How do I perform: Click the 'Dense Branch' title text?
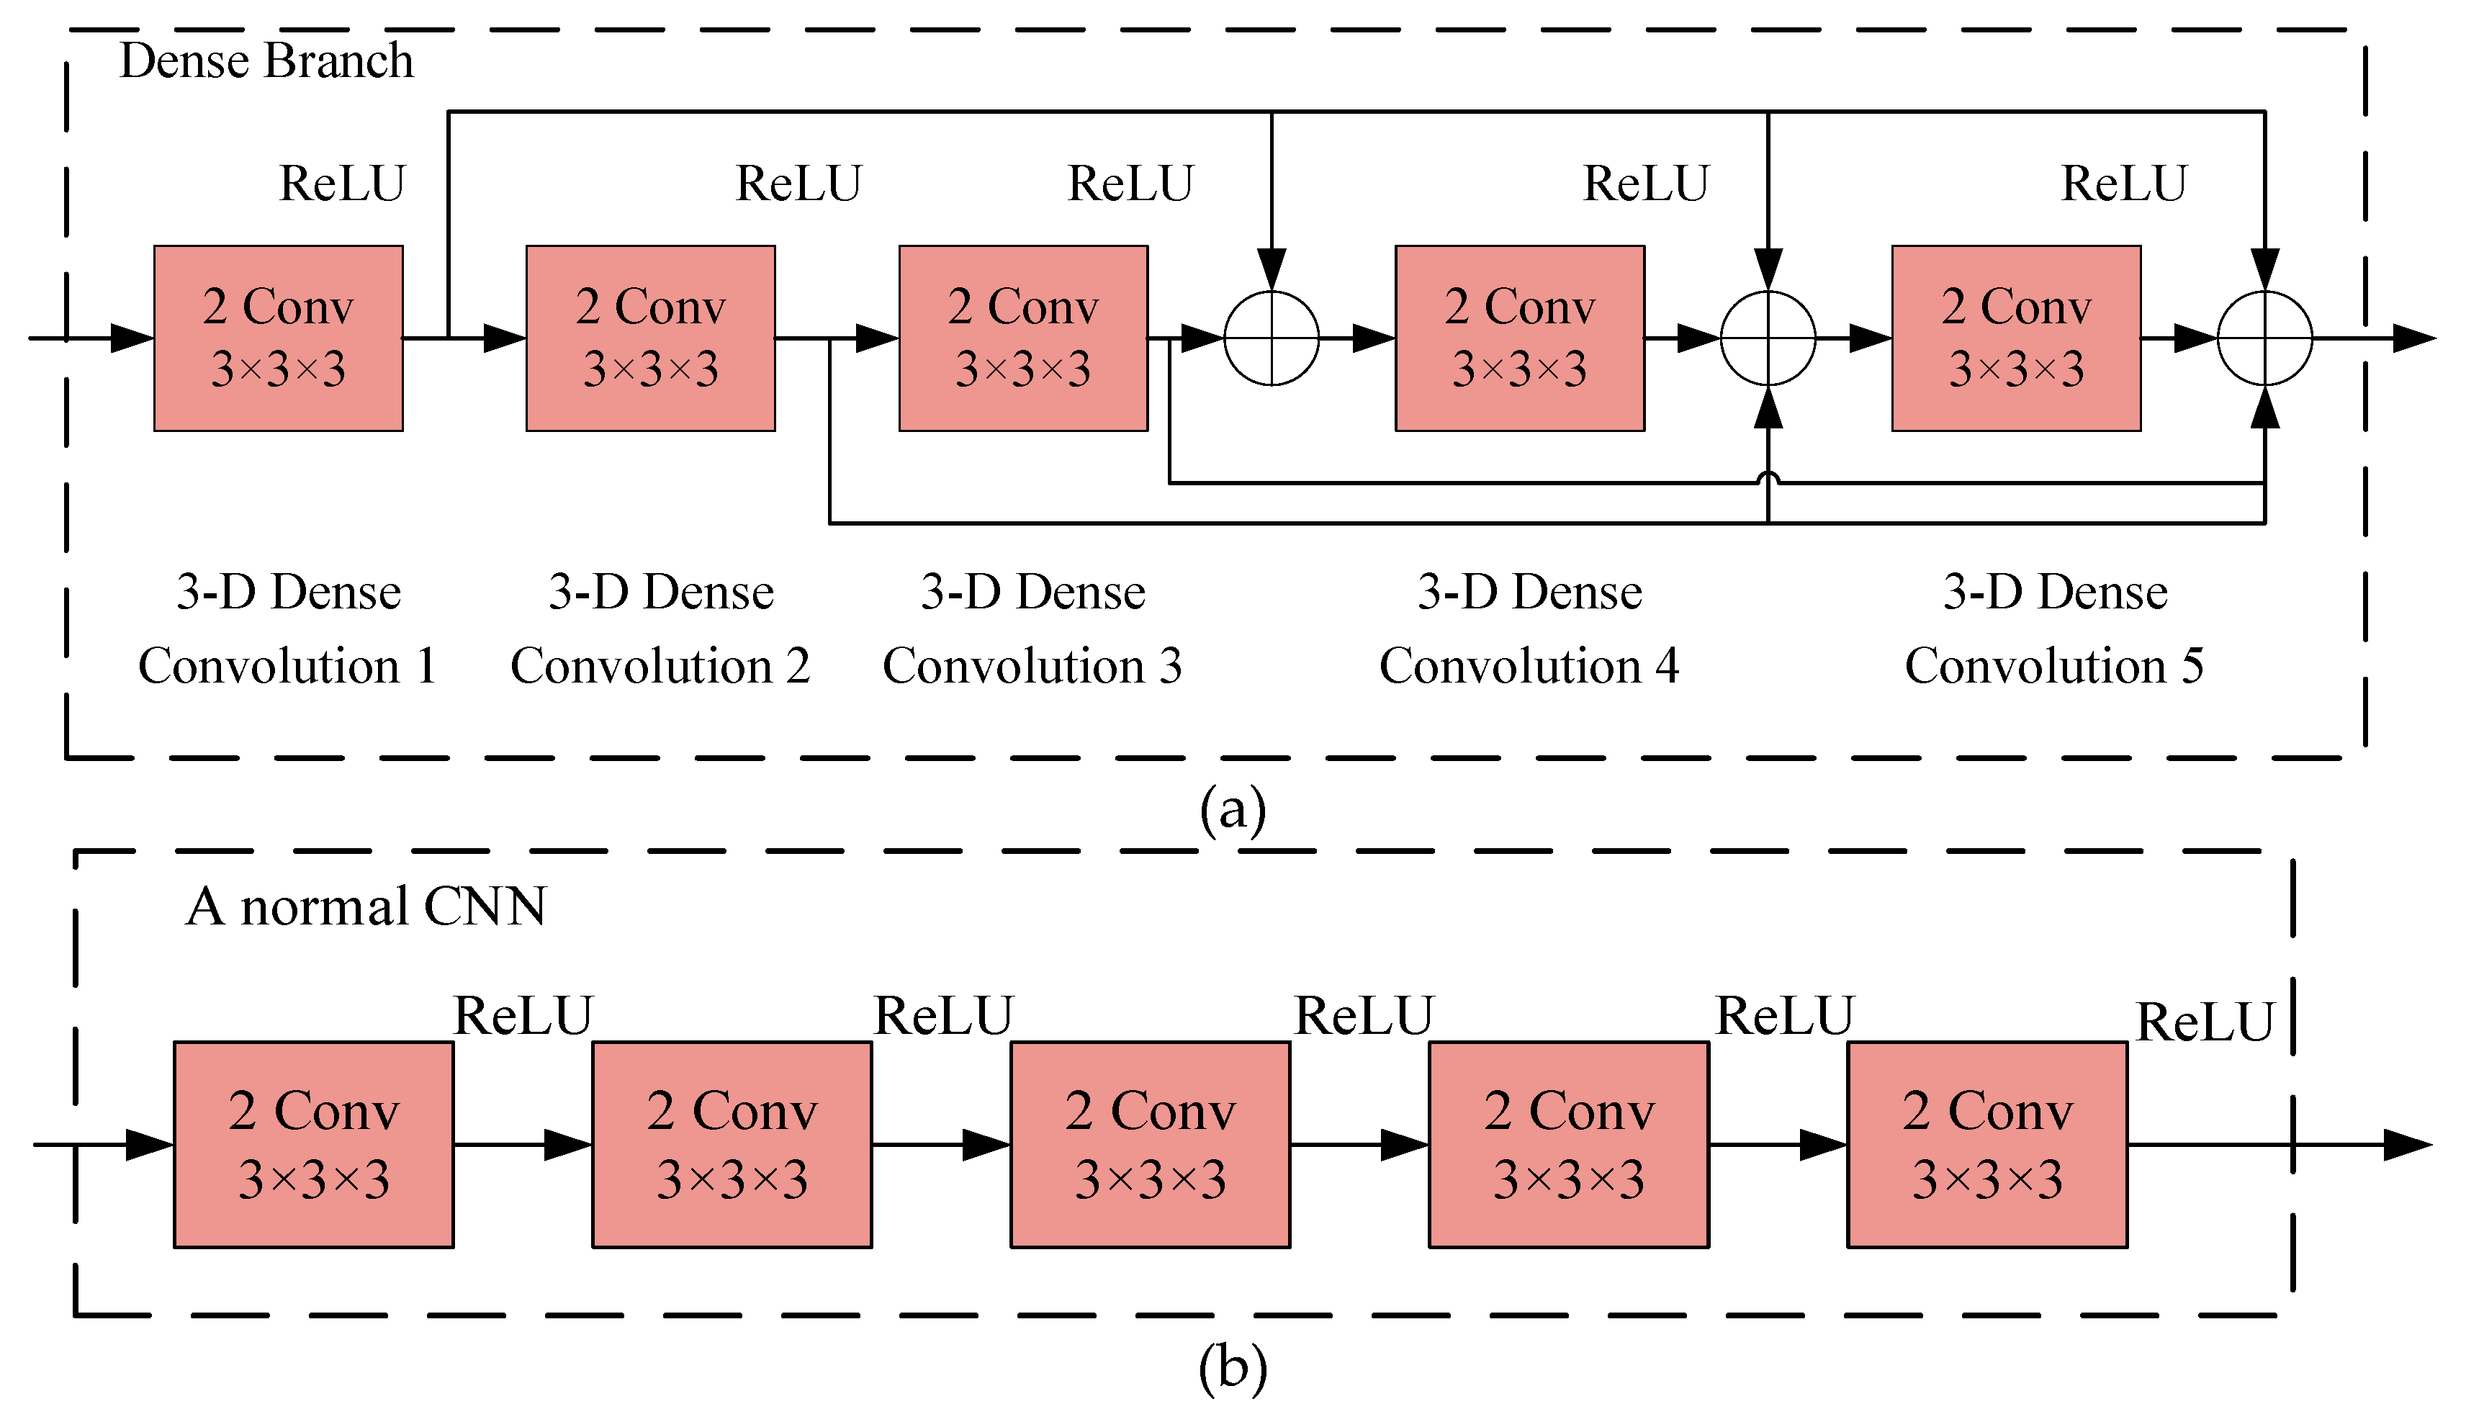(x=266, y=60)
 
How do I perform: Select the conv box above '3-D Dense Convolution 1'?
(x=279, y=338)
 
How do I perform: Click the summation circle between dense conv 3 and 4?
(x=1271, y=338)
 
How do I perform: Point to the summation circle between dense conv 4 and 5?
(x=1767, y=338)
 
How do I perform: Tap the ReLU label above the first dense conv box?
(x=342, y=184)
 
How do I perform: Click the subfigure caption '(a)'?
(x=1233, y=809)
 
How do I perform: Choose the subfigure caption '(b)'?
(x=1233, y=1367)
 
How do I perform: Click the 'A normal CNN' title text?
(x=366, y=906)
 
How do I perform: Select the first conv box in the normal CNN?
(x=313, y=1145)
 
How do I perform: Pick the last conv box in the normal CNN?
(x=1986, y=1145)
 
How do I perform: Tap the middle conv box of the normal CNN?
(x=1150, y=1145)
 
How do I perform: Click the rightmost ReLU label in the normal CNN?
(x=2205, y=1022)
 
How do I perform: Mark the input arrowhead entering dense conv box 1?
(x=132, y=338)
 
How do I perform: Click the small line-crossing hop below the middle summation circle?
(x=1768, y=479)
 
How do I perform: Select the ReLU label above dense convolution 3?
(x=1130, y=184)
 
